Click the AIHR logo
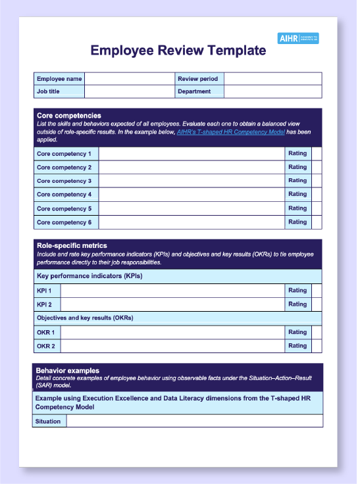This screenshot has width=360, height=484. (298, 38)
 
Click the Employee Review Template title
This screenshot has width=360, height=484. (178, 51)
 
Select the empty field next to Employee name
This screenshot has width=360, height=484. (129, 79)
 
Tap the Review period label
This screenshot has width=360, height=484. (197, 79)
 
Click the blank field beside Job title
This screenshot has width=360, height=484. (129, 91)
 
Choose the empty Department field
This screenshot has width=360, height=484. (272, 91)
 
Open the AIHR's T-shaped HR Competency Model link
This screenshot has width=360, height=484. (230, 132)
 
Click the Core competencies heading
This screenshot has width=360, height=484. (69, 116)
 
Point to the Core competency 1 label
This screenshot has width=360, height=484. (64, 154)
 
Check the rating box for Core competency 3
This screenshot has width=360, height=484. (317, 181)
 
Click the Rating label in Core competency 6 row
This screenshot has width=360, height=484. (297, 222)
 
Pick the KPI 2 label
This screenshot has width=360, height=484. (45, 304)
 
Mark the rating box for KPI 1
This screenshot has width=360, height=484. (317, 291)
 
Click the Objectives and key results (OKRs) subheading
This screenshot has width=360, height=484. (85, 318)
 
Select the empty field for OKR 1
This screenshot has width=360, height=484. (172, 333)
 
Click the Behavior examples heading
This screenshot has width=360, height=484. (67, 371)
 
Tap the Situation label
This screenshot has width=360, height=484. (49, 422)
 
